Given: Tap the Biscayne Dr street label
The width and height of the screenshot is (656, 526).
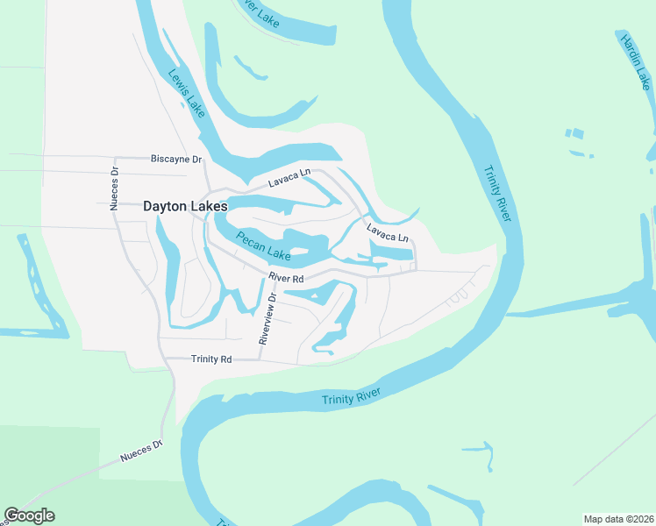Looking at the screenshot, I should (176, 159).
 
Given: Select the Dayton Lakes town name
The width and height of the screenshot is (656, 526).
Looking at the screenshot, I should (185, 207).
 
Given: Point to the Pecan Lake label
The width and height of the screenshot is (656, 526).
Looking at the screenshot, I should (262, 245).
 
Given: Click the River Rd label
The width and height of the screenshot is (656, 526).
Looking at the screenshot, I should (286, 279).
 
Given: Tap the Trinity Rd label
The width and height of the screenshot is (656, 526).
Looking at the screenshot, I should (211, 359).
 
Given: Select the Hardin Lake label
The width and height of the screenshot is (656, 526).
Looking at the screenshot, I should (635, 60).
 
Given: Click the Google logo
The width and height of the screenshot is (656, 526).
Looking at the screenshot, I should (29, 515).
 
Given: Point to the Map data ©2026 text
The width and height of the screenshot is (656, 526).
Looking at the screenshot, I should (618, 519).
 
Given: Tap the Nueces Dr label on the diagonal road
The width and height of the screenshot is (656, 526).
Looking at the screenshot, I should (141, 451).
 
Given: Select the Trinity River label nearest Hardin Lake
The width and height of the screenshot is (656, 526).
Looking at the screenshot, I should (496, 194).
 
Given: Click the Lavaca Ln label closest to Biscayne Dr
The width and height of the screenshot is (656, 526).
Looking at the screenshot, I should (289, 179).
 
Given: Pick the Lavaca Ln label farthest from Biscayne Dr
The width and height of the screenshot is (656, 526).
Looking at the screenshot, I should (387, 235).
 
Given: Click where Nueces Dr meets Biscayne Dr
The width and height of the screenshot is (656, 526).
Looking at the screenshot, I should (114, 159).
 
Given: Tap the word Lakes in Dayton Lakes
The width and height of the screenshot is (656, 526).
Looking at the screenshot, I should (207, 207).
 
